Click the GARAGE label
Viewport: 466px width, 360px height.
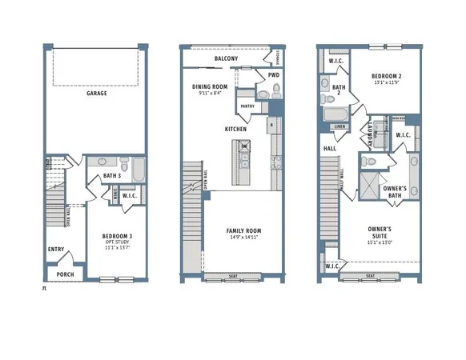point(97,94)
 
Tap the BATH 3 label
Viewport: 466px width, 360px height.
point(111,175)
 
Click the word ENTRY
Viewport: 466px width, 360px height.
point(56,250)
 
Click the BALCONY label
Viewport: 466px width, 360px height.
point(226,59)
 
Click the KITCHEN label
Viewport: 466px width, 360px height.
point(235,129)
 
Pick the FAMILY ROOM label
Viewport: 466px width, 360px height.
point(243,231)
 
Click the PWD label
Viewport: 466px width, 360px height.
point(274,75)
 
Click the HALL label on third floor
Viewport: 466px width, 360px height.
point(329,149)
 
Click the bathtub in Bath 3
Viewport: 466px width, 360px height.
point(137,170)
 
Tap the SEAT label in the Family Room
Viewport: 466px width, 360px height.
point(232,278)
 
